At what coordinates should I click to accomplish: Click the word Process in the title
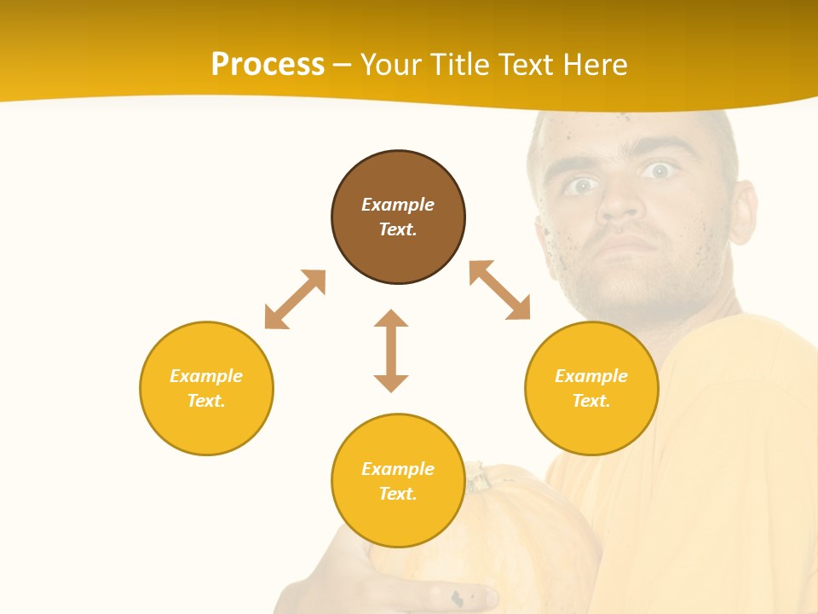point(268,65)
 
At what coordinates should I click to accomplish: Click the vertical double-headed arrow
point(391,350)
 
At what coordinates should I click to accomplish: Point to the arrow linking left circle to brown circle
point(295,299)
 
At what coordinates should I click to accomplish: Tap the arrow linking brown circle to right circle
point(499,290)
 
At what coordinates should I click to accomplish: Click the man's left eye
point(657,171)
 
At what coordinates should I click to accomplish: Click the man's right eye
point(582,185)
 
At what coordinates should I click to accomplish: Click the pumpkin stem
point(478,476)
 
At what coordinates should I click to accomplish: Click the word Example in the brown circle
point(398,205)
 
